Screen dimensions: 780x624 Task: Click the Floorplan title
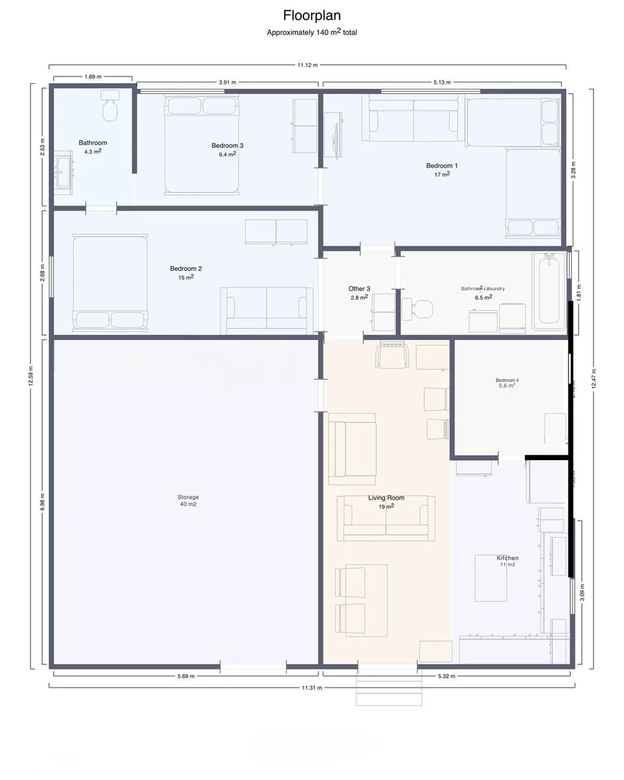pyautogui.click(x=311, y=15)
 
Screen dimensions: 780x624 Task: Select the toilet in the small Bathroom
pyautogui.click(x=110, y=107)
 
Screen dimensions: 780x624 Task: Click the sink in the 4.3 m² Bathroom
pyautogui.click(x=64, y=173)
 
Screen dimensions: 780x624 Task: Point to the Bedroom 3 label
pyautogui.click(x=227, y=145)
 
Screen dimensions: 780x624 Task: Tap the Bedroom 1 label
pyautogui.click(x=441, y=166)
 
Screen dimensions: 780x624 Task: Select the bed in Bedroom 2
pyautogui.click(x=110, y=281)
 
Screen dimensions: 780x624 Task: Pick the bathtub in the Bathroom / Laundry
pyautogui.click(x=550, y=290)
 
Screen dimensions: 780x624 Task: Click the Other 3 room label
pyautogui.click(x=359, y=289)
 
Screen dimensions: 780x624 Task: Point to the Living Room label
pyautogui.click(x=386, y=498)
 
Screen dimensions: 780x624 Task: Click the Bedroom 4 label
pyautogui.click(x=507, y=381)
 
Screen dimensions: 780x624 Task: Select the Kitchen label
pyautogui.click(x=507, y=558)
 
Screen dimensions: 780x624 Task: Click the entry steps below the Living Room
pyautogui.click(x=388, y=691)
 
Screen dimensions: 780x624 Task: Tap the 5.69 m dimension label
pyautogui.click(x=186, y=676)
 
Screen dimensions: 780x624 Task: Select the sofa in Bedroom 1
pyautogui.click(x=413, y=119)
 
